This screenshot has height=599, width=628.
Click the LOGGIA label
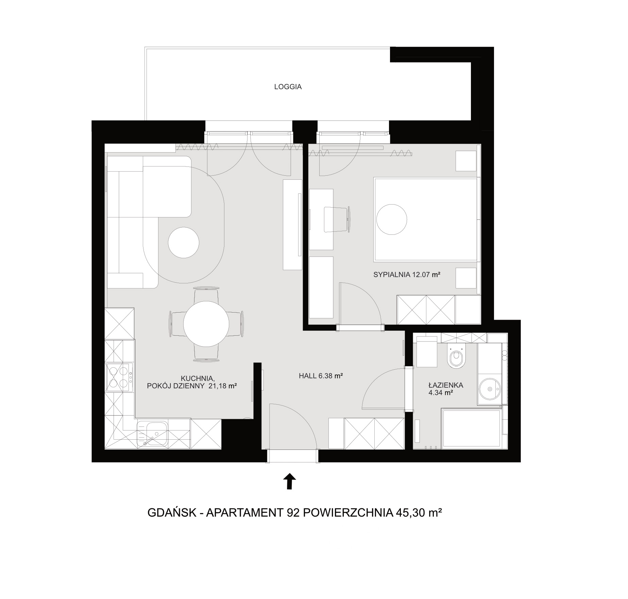point(288,87)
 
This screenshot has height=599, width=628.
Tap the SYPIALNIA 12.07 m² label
point(407,275)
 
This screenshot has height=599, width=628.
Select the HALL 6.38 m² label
point(320,376)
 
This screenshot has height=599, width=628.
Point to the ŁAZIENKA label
point(445,385)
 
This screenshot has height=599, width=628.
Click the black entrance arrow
point(289,481)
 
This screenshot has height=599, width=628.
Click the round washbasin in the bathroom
point(490,388)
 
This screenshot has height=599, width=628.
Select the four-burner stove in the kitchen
point(119,377)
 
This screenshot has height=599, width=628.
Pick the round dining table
point(206,324)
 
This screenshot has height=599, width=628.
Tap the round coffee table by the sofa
point(184,243)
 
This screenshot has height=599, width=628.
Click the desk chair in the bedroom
point(337,219)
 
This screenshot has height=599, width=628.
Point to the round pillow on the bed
point(391,219)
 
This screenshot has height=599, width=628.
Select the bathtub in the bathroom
point(472,428)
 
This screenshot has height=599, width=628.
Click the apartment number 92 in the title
point(293,512)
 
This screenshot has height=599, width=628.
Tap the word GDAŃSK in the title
point(172,512)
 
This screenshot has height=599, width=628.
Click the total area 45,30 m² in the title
point(419,512)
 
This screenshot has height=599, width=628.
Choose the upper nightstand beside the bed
point(466,161)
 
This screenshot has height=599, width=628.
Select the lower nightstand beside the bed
point(466,278)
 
